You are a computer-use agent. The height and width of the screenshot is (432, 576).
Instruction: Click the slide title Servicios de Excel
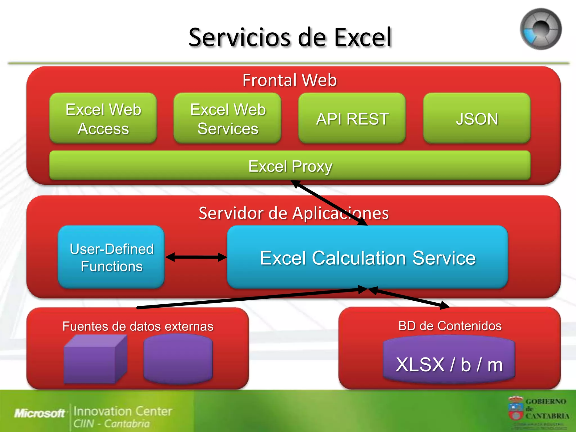click(x=290, y=37)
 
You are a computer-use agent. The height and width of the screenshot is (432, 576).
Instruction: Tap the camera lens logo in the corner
click(x=540, y=29)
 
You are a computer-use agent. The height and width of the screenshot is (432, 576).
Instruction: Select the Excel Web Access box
click(x=103, y=119)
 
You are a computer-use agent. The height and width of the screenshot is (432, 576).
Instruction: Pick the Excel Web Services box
click(x=228, y=119)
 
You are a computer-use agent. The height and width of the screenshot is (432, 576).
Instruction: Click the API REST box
click(x=352, y=119)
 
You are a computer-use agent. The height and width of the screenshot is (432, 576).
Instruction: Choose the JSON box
click(x=477, y=119)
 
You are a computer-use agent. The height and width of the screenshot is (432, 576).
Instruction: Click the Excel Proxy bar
click(x=290, y=166)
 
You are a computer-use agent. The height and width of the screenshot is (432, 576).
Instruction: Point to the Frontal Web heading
click(x=290, y=80)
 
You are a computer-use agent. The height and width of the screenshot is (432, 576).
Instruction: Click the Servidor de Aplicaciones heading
click(x=293, y=213)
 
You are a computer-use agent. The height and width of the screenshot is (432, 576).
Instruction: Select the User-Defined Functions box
click(x=111, y=257)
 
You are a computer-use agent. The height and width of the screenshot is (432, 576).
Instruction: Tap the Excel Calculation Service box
click(x=367, y=258)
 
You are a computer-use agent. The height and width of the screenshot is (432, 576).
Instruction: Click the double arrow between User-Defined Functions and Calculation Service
click(x=196, y=257)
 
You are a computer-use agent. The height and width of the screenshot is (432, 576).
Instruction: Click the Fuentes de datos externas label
click(x=138, y=326)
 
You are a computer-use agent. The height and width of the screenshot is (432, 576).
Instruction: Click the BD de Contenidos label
click(x=450, y=326)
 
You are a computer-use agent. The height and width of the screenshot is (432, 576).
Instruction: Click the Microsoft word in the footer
click(x=40, y=413)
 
